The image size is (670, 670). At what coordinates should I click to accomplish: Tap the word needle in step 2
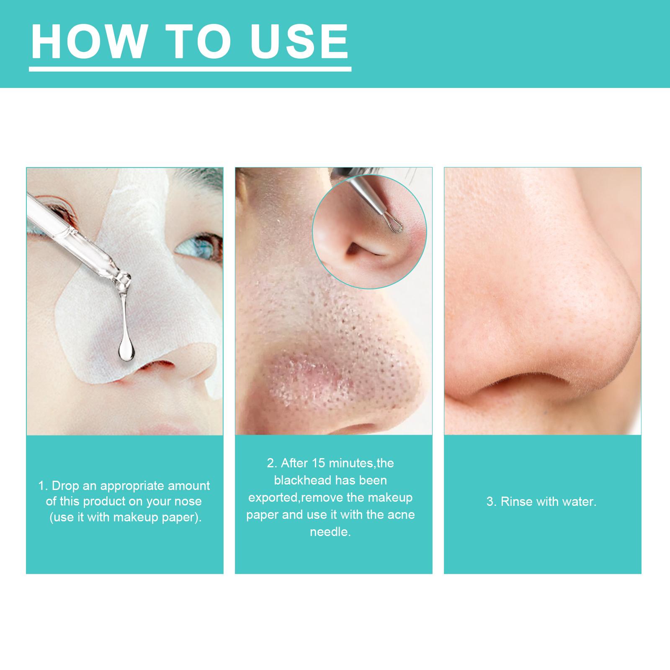tap(330, 532)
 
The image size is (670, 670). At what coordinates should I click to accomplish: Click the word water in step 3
tap(580, 502)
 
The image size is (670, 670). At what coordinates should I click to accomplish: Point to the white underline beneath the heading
tap(190, 69)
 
